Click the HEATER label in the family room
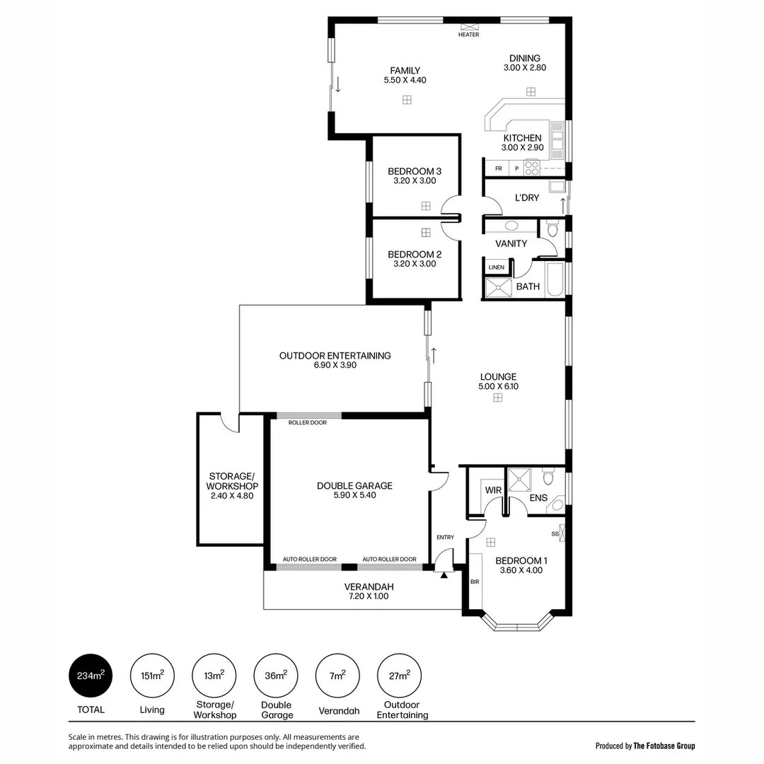point(468,35)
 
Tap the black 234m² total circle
point(91,675)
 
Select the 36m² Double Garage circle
point(276,675)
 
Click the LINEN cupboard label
point(497,267)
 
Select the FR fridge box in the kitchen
point(499,168)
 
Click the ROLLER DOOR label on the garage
point(308,422)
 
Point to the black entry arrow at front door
point(444,575)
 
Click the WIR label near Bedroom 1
point(492,490)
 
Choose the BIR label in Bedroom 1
point(474,581)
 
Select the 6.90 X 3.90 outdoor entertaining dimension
point(335,366)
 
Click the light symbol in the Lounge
point(498,398)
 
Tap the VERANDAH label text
point(369,586)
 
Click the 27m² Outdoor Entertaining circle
point(400,675)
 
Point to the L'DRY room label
point(527,198)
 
